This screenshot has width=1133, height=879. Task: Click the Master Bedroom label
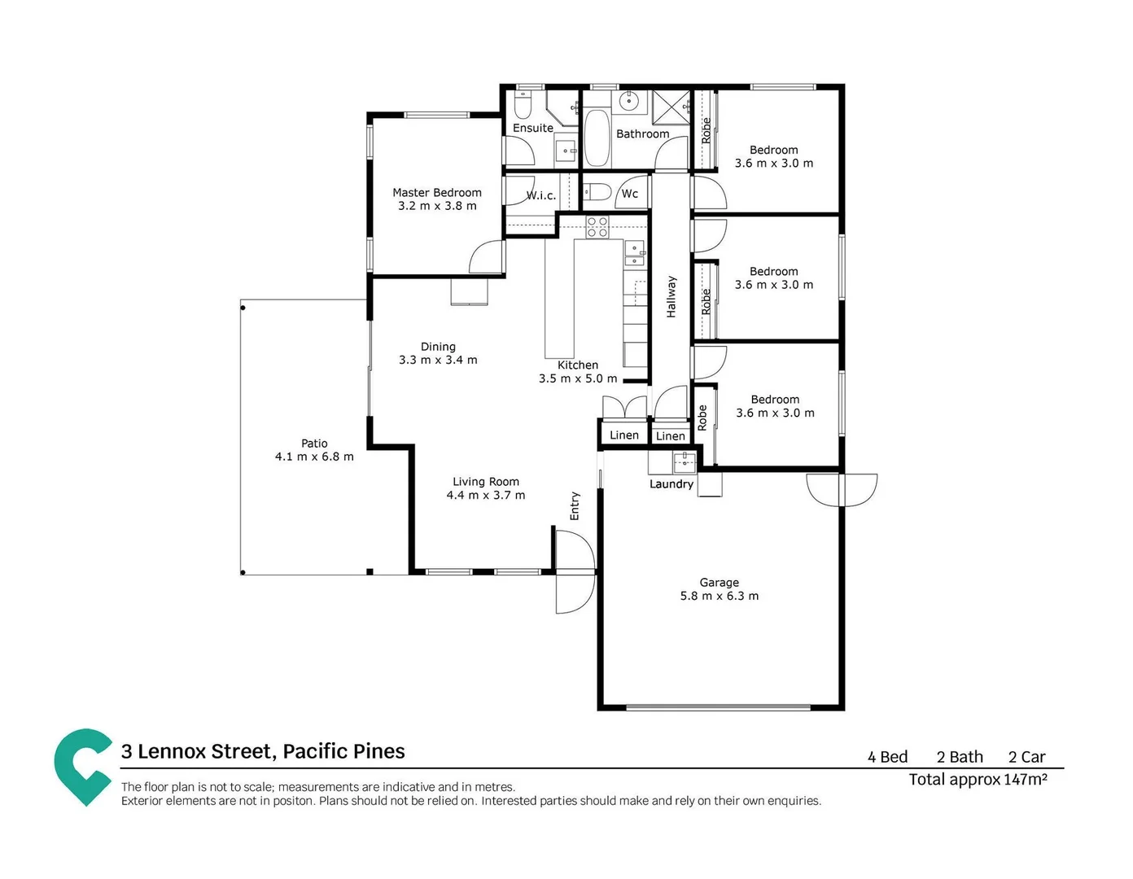[437, 193]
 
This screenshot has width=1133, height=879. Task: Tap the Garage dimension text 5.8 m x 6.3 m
[719, 596]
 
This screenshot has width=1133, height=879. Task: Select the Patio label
[314, 444]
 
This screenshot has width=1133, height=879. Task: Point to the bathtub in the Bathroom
[597, 138]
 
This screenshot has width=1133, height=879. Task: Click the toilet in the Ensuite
[523, 107]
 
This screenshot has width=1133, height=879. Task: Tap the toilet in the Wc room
[598, 193]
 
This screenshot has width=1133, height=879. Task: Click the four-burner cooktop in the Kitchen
[597, 227]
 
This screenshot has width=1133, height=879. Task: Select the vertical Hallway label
[671, 296]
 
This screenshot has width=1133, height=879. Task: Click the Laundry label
[671, 484]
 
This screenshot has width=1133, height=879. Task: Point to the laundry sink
[684, 461]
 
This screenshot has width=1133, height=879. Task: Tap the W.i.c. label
[541, 195]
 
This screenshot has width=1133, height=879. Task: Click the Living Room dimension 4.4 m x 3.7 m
[485, 495]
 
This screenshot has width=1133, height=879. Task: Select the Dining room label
[438, 347]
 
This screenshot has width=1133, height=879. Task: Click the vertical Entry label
[575, 505]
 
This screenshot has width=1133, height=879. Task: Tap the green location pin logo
[82, 766]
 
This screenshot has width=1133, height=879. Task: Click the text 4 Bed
[887, 757]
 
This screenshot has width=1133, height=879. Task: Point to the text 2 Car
[1026, 757]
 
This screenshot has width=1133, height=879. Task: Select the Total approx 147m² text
[978, 780]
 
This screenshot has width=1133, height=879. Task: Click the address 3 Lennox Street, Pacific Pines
[263, 751]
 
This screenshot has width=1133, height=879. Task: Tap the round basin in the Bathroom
[628, 102]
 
